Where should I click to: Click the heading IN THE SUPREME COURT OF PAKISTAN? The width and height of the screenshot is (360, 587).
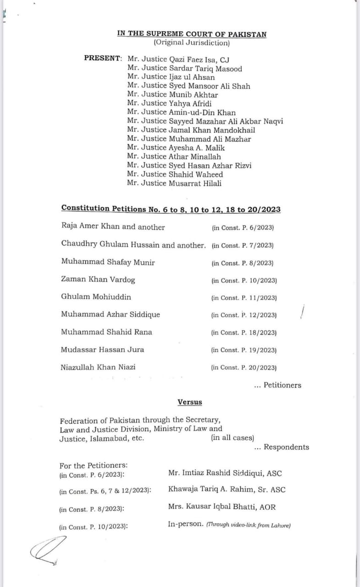[192, 34]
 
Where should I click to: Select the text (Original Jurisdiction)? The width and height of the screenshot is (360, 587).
[192, 43]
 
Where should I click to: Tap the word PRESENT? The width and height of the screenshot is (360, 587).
[102, 59]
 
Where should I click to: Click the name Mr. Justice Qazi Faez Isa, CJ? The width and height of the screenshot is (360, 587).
[178, 60]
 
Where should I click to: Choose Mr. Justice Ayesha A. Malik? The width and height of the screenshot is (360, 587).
[176, 148]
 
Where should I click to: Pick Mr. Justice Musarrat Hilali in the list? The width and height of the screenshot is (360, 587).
[175, 183]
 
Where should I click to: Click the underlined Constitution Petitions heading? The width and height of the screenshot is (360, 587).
[171, 210]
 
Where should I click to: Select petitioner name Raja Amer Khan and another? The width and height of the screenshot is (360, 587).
[113, 227]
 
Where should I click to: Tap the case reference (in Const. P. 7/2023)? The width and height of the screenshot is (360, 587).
[243, 245]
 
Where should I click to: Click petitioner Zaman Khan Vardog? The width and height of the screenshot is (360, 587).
[98, 280]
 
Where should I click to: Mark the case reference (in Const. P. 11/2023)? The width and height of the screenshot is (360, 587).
[244, 298]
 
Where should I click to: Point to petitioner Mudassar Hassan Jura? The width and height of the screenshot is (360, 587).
[102, 349]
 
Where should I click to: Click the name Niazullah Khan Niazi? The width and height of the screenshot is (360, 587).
[98, 367]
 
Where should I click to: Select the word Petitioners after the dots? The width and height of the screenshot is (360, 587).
[282, 385]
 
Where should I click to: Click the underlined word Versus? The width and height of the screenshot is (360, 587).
[189, 402]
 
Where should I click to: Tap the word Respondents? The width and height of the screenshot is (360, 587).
[286, 447]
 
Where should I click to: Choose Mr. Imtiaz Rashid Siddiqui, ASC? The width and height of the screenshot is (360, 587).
[225, 473]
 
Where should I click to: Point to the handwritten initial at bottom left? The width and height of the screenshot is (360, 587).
[46, 550]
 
